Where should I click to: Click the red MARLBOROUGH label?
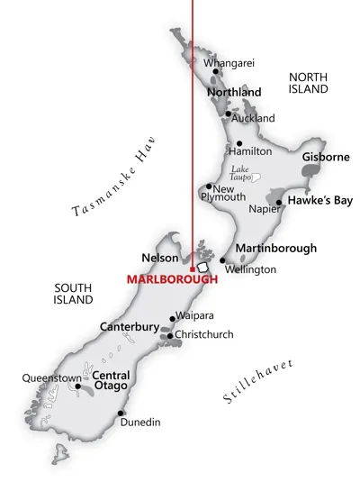tap(171, 279)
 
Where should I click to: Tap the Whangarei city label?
tap(230, 62)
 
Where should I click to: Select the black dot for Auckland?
tap(228, 114)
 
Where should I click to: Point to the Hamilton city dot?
tap(238, 143)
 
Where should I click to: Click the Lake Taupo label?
tap(238, 173)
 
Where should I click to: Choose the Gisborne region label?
tap(325, 157)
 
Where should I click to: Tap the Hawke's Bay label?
tap(319, 201)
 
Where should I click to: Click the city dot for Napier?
tap(279, 203)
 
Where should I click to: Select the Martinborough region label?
tap(275, 248)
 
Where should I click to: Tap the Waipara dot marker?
tap(172, 318)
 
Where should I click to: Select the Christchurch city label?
tap(204, 334)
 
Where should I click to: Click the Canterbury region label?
tap(130, 326)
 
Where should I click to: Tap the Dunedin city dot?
tap(120, 414)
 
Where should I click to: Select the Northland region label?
tap(234, 92)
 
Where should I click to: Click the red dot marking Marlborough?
tap(192, 268)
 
